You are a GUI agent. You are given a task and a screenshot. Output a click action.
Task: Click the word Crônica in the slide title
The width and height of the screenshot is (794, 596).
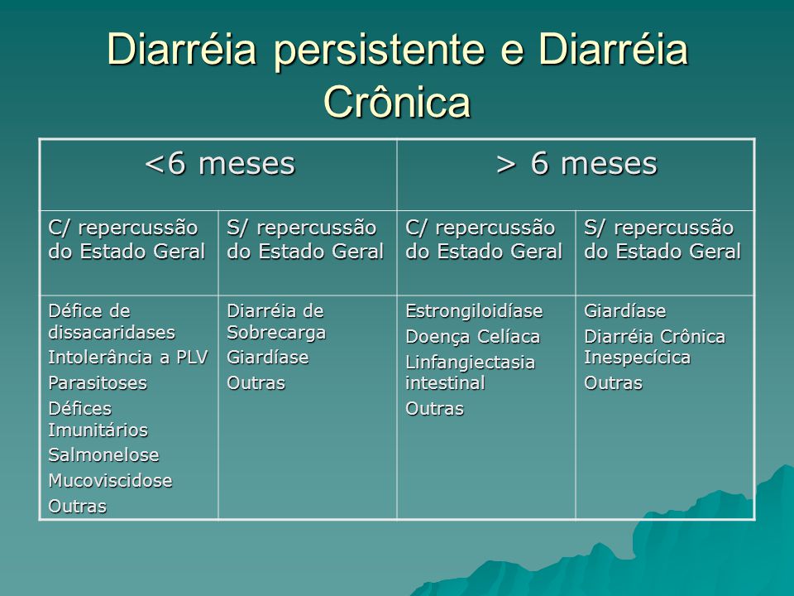[398, 102]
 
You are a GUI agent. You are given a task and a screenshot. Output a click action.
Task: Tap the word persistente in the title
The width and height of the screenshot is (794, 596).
[380, 50]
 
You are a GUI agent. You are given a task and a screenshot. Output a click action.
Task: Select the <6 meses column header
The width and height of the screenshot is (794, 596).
[220, 163]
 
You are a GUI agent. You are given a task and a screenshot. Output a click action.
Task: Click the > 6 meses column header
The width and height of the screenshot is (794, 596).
[576, 163]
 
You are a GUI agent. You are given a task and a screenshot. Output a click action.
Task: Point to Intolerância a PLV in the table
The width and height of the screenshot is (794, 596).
[128, 358]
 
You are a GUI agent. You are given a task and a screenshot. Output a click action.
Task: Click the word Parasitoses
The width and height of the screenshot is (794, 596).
[98, 382]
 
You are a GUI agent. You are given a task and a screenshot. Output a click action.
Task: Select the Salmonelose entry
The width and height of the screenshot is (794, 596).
[104, 455]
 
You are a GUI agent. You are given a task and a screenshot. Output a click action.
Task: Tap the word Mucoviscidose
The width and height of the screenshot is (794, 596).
[110, 480]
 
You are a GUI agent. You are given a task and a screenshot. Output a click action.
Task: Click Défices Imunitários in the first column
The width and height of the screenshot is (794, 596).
[98, 419]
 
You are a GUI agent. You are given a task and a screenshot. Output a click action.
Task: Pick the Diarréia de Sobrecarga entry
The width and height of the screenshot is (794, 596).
[276, 321]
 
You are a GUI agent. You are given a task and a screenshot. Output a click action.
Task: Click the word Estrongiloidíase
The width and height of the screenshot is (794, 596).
[475, 310]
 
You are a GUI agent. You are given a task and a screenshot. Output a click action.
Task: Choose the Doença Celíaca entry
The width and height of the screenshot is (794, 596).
[473, 337]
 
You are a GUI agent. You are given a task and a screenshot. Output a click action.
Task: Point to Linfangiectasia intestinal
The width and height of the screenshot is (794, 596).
[471, 372]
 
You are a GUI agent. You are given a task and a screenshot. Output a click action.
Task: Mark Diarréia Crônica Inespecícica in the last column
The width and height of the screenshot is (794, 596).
[655, 347]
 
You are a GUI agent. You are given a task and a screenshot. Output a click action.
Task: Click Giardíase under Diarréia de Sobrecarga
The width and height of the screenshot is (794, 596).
[268, 358]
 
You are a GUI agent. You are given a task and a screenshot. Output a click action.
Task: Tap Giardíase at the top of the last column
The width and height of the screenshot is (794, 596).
[625, 310]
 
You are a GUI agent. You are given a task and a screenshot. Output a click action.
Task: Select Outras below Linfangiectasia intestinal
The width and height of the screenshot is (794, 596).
[435, 408]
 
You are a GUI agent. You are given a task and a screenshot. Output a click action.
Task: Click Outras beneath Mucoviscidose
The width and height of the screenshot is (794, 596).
[78, 506]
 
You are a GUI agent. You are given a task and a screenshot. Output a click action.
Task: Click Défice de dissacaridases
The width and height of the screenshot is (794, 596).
[112, 321]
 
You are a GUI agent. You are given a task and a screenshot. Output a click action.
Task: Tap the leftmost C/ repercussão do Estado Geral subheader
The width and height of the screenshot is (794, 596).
[127, 240]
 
